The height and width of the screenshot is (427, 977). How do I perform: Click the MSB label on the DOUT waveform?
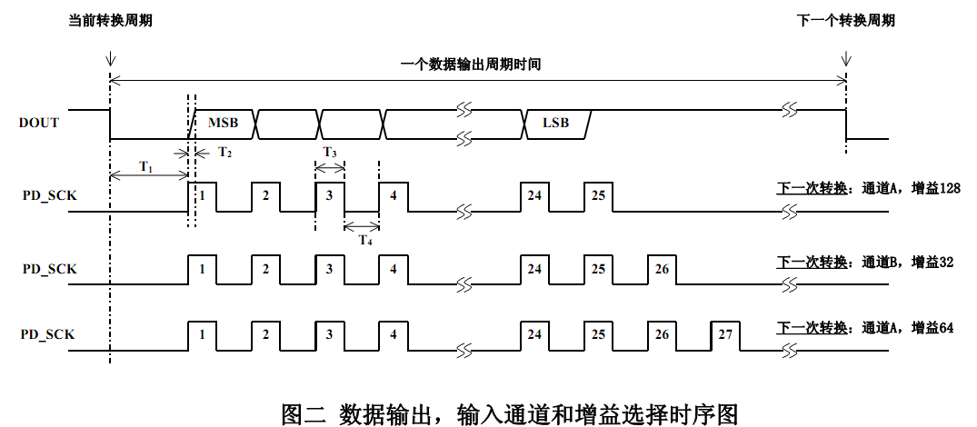[x=223, y=123]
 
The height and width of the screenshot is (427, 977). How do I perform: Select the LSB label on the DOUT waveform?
[x=555, y=123]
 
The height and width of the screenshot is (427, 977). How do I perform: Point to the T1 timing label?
[x=146, y=167]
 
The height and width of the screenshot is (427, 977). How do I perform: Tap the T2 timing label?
[x=224, y=152]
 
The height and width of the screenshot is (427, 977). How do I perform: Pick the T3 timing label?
[x=330, y=153]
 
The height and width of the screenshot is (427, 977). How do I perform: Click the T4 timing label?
[x=364, y=241]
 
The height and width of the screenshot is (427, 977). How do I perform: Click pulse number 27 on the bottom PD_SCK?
[x=724, y=334]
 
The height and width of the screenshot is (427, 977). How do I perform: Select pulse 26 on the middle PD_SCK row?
[x=661, y=269]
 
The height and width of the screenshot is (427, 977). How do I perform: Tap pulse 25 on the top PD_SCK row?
[x=598, y=195]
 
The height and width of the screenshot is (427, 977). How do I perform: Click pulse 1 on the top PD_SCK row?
[x=203, y=195]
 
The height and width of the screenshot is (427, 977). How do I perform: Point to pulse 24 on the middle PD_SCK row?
[x=534, y=269]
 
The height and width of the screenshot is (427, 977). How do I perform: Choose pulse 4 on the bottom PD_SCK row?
[x=393, y=334]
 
